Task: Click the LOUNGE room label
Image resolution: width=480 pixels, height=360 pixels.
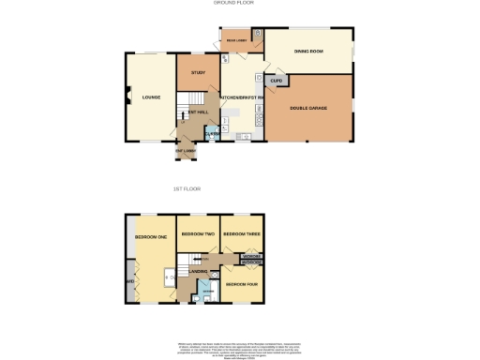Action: pyautogui.click(x=151, y=97)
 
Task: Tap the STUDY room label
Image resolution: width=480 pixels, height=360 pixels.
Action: pyautogui.click(x=198, y=72)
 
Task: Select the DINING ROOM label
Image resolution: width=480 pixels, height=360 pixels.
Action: pyautogui.click(x=309, y=52)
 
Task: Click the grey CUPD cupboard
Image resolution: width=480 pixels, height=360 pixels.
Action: pyautogui.click(x=277, y=82)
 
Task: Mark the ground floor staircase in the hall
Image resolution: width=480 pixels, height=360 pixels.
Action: pyautogui.click(x=190, y=99)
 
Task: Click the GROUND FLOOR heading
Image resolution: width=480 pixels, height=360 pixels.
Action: pyautogui.click(x=233, y=3)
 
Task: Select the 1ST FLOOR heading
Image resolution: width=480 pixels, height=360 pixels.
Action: pyautogui.click(x=187, y=189)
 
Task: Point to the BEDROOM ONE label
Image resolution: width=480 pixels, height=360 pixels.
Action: pyautogui.click(x=150, y=236)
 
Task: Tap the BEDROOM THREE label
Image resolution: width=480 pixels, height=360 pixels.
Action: pyautogui.click(x=241, y=232)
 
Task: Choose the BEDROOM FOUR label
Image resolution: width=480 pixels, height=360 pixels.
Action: pyautogui.click(x=241, y=283)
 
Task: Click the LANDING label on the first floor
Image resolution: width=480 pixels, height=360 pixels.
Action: pyautogui.click(x=198, y=271)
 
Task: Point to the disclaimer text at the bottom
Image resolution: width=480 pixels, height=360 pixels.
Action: pyautogui.click(x=240, y=348)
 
